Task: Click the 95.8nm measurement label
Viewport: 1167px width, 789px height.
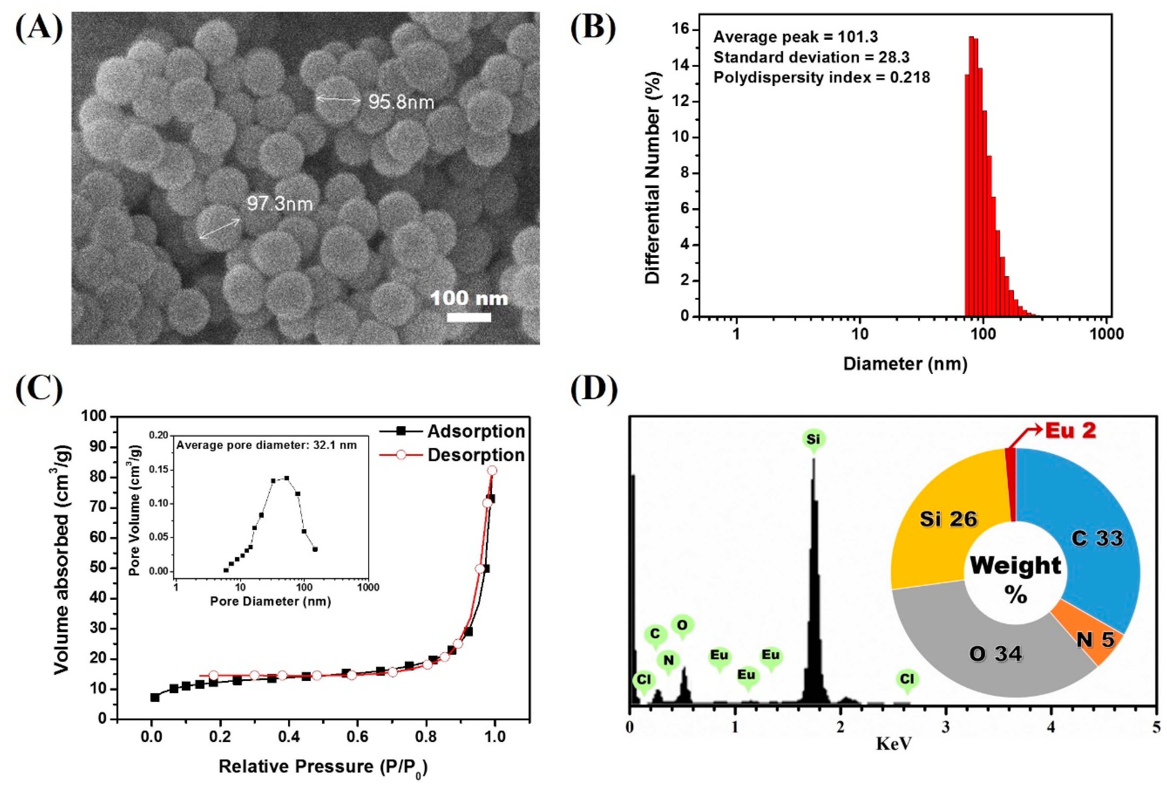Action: (401, 102)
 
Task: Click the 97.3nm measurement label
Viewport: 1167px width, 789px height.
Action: (280, 204)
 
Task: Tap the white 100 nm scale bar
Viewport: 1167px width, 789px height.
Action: (469, 317)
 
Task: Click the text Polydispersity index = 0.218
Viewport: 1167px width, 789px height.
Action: (821, 77)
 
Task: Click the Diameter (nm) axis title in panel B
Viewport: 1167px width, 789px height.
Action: (905, 363)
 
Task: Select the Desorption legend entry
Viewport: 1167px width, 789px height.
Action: (476, 455)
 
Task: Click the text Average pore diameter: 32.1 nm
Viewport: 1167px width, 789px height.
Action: (266, 445)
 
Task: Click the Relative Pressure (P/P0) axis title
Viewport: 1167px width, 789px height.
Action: (323, 767)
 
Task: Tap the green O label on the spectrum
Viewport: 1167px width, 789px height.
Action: (682, 625)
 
